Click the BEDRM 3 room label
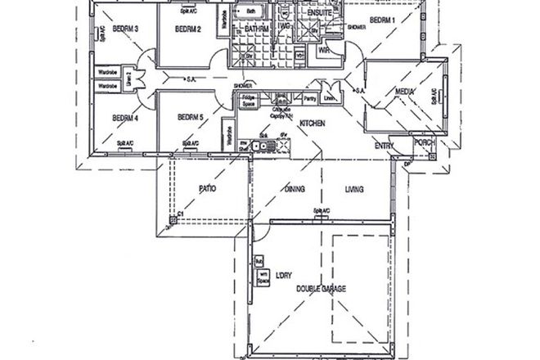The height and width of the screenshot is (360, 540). (124, 29)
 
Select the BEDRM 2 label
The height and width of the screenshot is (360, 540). (189, 29)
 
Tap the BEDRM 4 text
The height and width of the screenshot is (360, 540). (124, 116)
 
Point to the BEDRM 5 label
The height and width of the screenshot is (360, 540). (189, 116)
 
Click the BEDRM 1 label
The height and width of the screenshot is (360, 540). (382, 20)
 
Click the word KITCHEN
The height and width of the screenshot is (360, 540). (313, 124)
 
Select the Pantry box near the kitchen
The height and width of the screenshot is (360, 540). (310, 99)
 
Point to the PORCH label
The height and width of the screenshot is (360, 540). (423, 142)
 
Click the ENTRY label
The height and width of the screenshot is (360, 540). (384, 146)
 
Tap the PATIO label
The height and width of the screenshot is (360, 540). (207, 188)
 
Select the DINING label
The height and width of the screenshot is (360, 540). (295, 189)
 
